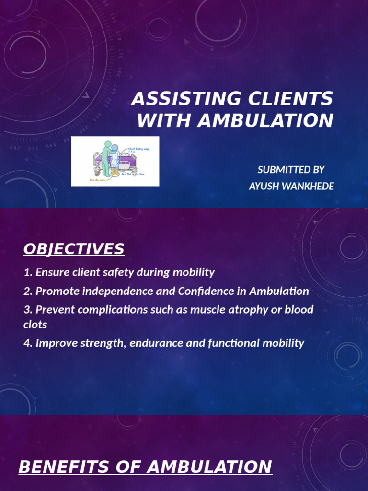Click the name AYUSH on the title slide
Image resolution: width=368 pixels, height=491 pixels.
pos(264,186)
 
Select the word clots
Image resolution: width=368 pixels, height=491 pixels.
pos(35,325)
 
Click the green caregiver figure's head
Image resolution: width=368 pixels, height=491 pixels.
pos(108,144)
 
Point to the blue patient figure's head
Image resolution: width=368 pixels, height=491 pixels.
pos(115,148)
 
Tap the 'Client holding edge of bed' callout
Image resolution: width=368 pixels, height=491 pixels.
pos(139,151)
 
